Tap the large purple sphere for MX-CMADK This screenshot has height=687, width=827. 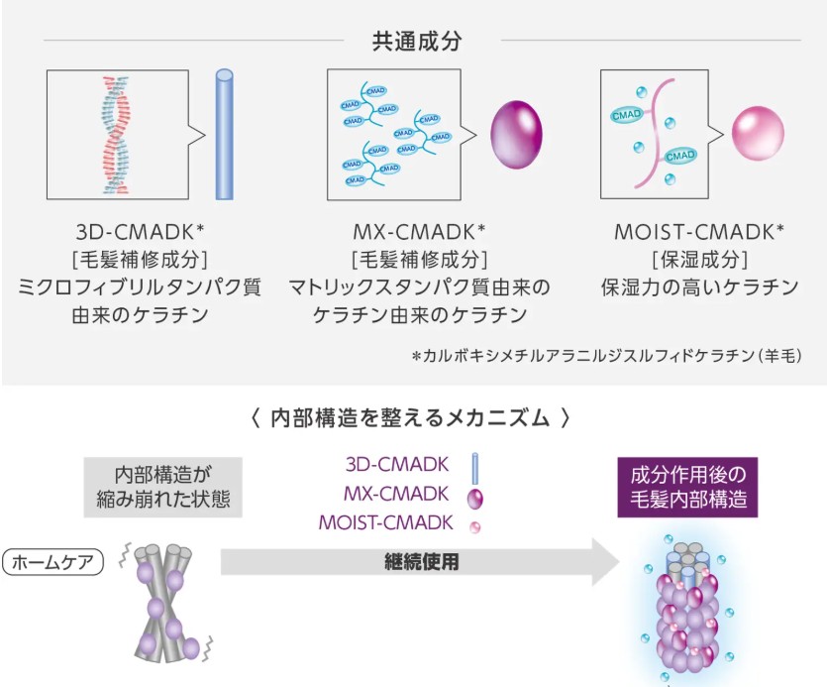517,135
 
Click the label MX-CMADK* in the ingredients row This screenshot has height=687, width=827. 419,232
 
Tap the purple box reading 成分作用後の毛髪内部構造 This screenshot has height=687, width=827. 687,486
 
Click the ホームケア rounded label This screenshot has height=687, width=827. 53,563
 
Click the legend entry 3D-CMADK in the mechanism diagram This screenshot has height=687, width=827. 398,463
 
